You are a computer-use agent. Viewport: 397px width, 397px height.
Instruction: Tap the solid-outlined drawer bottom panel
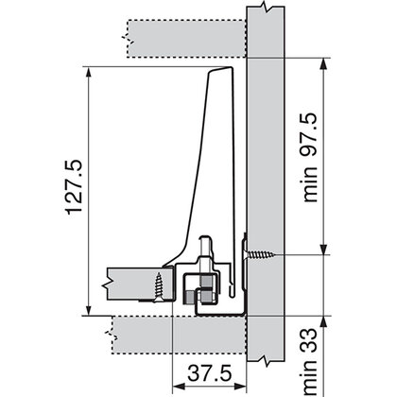[x=132, y=281]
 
